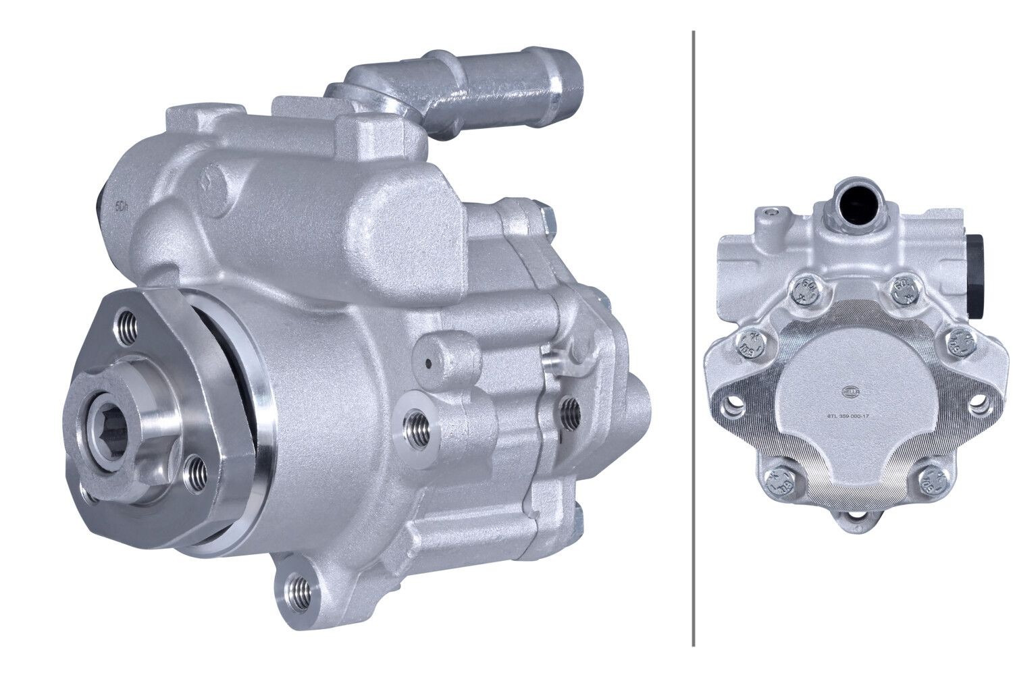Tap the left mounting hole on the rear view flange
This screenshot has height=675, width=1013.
pyautogui.click(x=733, y=406)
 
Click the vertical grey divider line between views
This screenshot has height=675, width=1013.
pyautogui.click(x=694, y=337)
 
